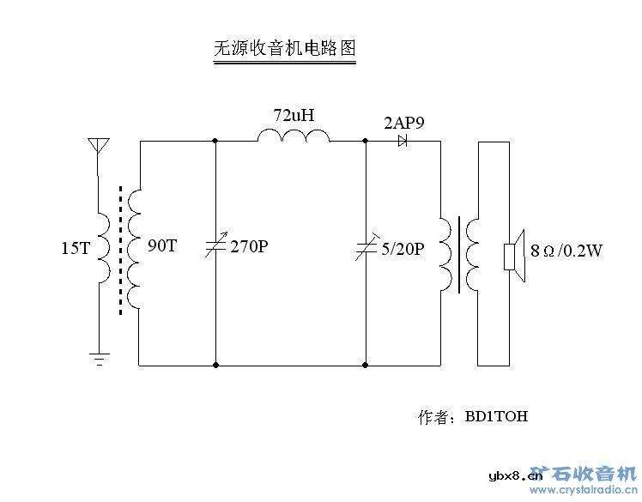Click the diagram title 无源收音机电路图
283,48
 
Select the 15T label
75,249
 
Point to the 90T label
161,246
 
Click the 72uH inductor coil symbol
294,136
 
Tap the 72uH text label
294,114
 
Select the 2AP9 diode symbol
403,141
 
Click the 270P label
249,248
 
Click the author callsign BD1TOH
496,417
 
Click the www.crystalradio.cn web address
583,490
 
